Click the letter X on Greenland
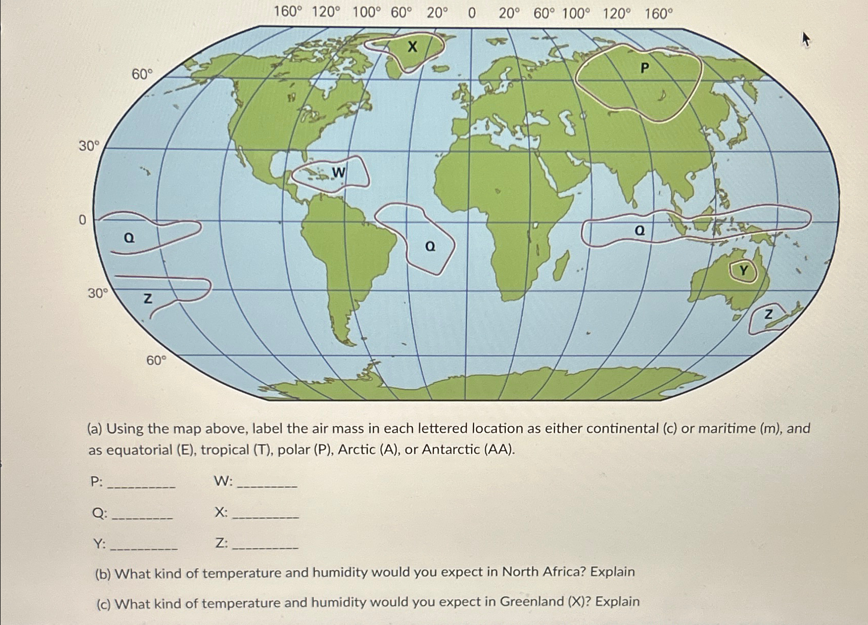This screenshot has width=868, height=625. click(412, 47)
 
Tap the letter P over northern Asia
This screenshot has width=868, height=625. click(644, 67)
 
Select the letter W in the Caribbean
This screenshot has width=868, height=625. click(338, 172)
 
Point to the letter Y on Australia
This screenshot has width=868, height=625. click(744, 270)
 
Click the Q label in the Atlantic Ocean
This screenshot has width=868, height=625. click(430, 247)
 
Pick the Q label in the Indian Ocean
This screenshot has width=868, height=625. click(639, 231)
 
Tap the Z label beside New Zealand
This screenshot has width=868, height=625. click(768, 315)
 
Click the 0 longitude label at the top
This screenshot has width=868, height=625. click(471, 13)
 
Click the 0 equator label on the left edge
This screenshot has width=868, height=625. click(82, 220)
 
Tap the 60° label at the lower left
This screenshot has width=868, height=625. click(156, 361)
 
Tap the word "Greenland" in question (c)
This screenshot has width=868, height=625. click(532, 601)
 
